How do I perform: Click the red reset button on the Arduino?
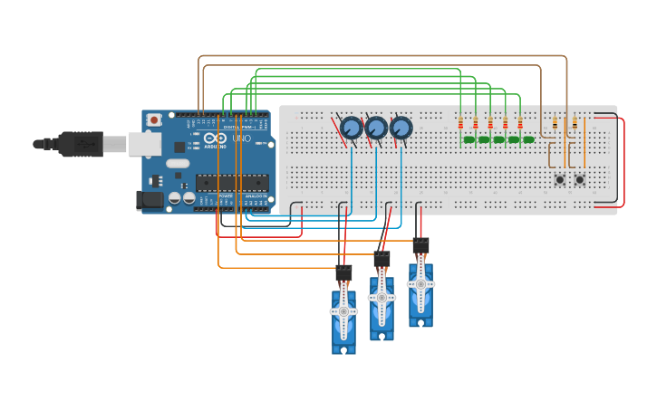click(154, 119)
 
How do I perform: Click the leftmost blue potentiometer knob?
click(352, 128)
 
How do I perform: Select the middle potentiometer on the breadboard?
click(376, 128)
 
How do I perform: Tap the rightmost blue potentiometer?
click(401, 128)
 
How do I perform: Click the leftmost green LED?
click(469, 139)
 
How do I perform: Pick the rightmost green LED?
click(528, 139)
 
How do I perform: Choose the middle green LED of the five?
click(498, 139)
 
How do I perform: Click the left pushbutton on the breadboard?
click(559, 179)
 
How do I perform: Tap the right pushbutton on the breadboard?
click(579, 179)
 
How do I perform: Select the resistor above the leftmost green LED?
click(460, 123)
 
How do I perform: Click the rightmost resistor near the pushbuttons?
click(575, 123)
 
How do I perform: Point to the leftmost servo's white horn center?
click(343, 311)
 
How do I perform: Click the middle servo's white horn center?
click(382, 297)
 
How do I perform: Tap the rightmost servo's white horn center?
click(420, 283)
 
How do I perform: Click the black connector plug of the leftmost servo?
click(343, 272)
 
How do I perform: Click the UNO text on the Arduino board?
click(242, 138)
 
